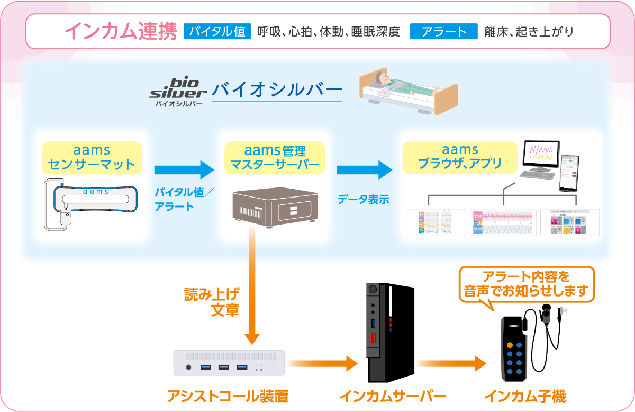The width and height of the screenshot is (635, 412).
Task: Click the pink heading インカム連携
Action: [x=121, y=32]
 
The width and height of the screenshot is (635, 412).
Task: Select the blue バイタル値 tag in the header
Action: [x=217, y=32]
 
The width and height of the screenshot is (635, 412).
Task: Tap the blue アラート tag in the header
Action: [x=444, y=32]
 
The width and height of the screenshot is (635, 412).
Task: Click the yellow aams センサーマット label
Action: [x=92, y=157]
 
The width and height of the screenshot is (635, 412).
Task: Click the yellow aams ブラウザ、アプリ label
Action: [x=459, y=157]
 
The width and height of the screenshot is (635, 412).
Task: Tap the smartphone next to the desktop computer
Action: [x=569, y=173]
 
